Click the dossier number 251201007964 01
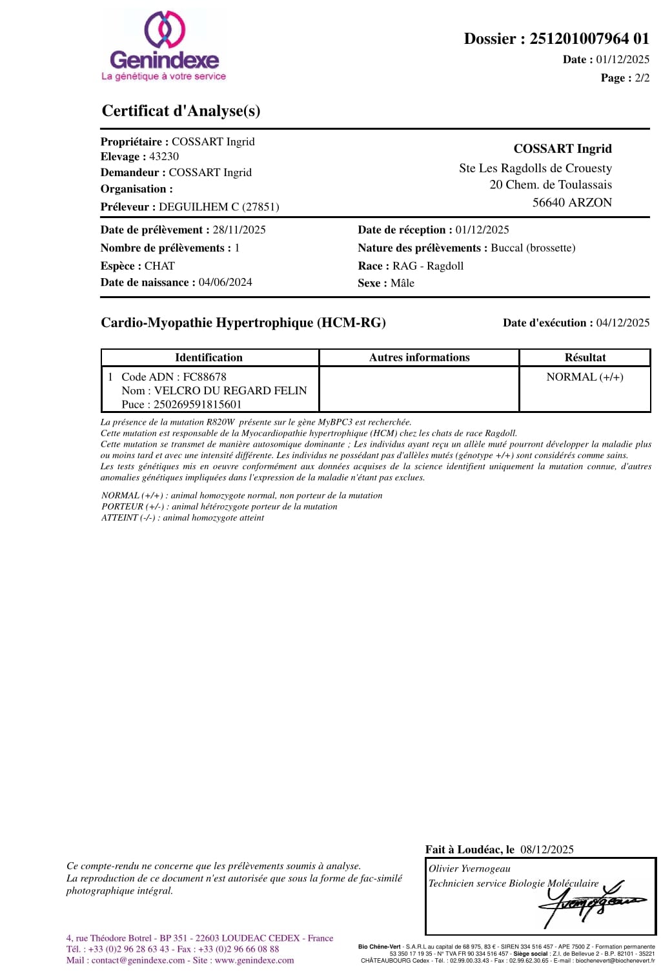(589, 39)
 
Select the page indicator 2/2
(642, 78)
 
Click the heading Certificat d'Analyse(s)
(181, 111)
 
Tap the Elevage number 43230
(164, 157)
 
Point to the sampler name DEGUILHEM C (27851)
(219, 207)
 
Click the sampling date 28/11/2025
(239, 230)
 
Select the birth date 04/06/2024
(225, 282)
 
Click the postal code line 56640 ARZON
(572, 203)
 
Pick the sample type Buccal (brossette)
(533, 248)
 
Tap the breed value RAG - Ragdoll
(427, 266)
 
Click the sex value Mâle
(402, 283)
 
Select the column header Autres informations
(419, 357)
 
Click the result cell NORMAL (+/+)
(585, 377)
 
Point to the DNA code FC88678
(205, 377)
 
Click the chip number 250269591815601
(198, 405)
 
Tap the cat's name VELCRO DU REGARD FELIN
(230, 390)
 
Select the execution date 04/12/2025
(622, 323)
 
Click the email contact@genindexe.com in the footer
(138, 960)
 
